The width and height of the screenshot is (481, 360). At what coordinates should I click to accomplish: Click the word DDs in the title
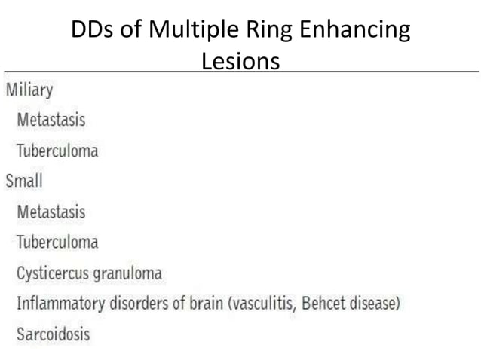pos(89,31)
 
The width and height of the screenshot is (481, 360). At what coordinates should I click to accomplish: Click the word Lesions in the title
pos(240,61)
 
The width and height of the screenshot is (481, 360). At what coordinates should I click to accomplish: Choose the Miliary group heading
pos(29,90)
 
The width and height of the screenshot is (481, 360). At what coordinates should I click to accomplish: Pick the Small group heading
pos(24,181)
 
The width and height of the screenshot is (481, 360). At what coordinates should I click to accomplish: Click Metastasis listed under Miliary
pos(51,120)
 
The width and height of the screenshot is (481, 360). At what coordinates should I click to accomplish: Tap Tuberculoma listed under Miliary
pos(57,151)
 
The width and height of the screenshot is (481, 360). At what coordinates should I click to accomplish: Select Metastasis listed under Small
pos(51,212)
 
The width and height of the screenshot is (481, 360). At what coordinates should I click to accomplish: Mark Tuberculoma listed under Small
pos(57,242)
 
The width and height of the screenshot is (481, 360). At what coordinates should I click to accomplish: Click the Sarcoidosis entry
pos(54,332)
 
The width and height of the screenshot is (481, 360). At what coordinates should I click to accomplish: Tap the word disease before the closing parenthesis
pos(372,303)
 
